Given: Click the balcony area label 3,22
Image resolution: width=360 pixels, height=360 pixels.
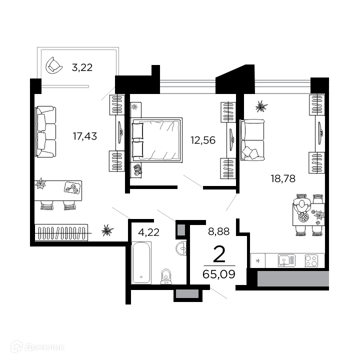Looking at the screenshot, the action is [x=82, y=67].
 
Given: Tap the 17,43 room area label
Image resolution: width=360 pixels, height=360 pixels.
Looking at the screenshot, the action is [x=85, y=136].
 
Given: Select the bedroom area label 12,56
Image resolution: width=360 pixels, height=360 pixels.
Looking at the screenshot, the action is [x=203, y=140].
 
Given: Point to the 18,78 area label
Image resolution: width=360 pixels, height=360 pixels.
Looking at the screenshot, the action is [x=283, y=178].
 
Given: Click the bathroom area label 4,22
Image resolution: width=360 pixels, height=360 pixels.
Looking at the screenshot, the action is [x=149, y=232].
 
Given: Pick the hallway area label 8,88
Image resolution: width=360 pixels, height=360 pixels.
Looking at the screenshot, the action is [x=219, y=231].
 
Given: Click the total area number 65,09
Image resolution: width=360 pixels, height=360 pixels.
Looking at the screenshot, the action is [x=219, y=274].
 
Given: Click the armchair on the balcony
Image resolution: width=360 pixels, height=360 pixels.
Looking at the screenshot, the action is [x=54, y=65].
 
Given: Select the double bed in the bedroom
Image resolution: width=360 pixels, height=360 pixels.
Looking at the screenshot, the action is [x=156, y=140].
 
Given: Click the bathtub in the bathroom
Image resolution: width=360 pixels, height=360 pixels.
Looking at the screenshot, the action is [x=141, y=262].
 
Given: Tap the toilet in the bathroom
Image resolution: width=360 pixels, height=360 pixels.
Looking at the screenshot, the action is [x=166, y=276].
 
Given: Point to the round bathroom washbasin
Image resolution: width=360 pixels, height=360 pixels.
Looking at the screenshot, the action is [x=181, y=248].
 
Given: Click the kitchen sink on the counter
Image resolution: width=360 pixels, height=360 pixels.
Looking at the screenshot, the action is [x=286, y=260].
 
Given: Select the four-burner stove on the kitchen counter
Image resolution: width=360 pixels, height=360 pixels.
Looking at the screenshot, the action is [x=311, y=260].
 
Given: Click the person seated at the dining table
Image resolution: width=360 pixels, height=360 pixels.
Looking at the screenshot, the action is [x=302, y=206].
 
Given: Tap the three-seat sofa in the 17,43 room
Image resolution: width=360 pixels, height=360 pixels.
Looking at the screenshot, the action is [x=45, y=131].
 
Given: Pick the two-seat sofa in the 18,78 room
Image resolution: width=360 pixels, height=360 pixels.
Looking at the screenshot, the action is [x=252, y=139].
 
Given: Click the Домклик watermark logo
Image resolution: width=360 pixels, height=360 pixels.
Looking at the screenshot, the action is [x=37, y=347].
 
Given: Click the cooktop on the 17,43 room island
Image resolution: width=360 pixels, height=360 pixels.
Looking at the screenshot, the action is [x=73, y=188].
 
